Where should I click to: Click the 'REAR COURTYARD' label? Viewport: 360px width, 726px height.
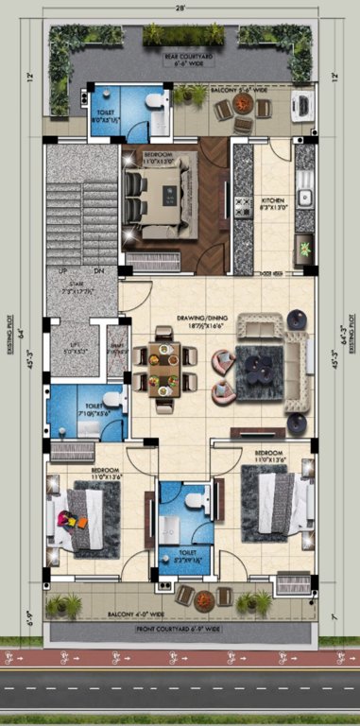pyautogui.click(x=185, y=57)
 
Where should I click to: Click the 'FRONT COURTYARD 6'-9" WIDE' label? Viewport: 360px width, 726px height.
pyautogui.click(x=180, y=628)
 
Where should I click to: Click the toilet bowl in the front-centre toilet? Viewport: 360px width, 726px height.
pyautogui.click(x=193, y=498)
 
